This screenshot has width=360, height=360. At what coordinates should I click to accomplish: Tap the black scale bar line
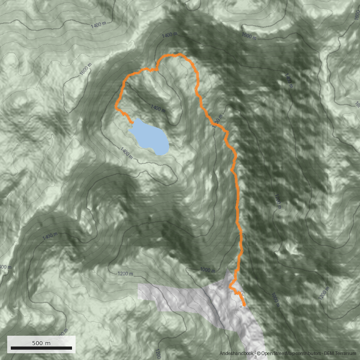coord(41,348)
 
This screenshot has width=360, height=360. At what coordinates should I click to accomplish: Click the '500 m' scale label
coord(41,343)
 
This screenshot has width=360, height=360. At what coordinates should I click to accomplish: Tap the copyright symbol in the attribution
coord(258,354)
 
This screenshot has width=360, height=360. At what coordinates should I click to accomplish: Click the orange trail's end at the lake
coord(132,122)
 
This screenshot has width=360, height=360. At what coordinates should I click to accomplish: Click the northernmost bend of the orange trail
coord(180,54)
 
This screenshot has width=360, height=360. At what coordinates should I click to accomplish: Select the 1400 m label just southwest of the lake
coord(127,153)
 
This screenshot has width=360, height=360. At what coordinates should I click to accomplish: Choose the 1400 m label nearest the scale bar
coord(50,236)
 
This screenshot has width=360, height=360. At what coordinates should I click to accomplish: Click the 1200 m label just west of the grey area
coord(125,274)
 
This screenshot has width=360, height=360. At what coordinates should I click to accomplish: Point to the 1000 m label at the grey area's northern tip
coord(208,270)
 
